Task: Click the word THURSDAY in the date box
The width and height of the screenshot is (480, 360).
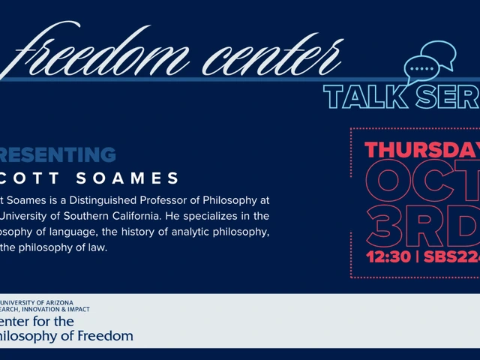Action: click(x=424, y=150)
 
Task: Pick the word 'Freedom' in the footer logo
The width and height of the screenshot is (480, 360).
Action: click(x=107, y=335)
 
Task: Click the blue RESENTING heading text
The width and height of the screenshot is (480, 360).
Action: click(x=58, y=155)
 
